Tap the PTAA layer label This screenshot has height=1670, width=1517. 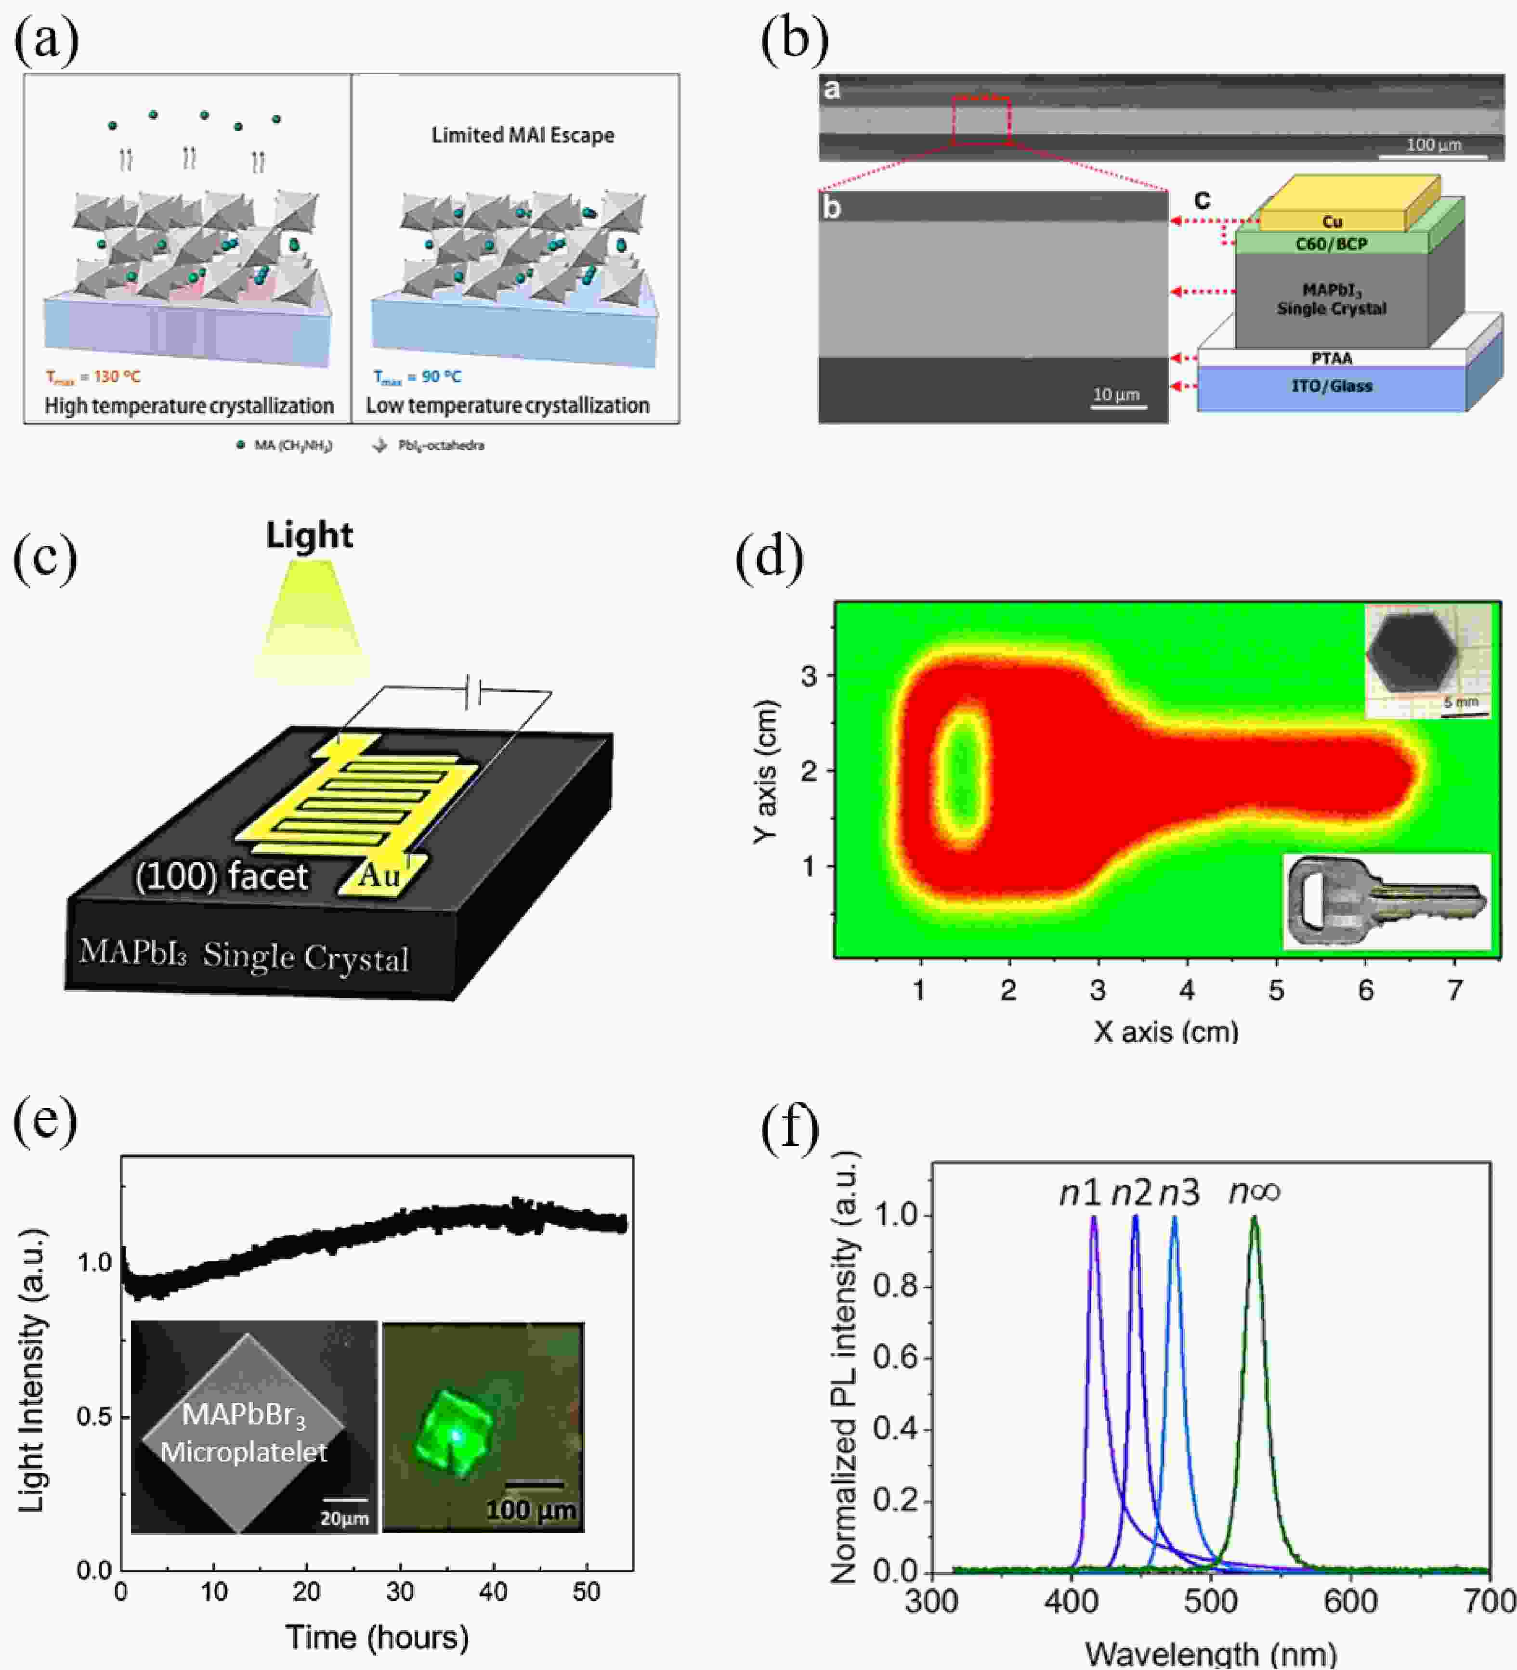[x=1332, y=358]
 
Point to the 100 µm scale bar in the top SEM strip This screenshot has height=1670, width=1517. [x=1433, y=155]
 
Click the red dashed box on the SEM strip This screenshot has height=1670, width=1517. [x=981, y=121]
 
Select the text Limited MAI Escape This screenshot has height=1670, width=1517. [x=523, y=135]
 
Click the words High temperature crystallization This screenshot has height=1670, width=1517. [x=189, y=406]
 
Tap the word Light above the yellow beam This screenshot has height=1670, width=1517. [x=309, y=535]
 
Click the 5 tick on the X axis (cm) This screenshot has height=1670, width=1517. [x=1276, y=990]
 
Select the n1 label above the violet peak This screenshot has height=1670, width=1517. [x=1080, y=1193]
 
